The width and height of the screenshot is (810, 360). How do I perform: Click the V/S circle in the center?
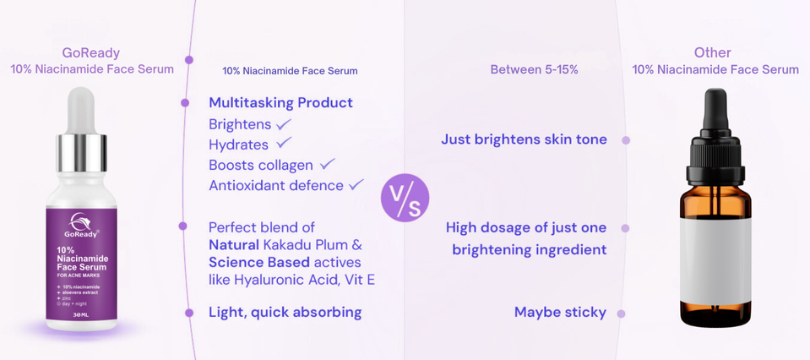tap(405, 198)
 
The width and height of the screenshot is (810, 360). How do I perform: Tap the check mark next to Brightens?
tap(284, 124)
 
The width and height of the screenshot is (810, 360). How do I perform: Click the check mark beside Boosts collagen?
tap(328, 164)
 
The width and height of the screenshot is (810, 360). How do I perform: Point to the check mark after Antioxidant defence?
tap(356, 184)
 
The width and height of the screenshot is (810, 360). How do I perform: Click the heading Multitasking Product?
tap(280, 102)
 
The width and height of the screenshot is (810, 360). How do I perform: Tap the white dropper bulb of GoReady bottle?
tap(81, 110)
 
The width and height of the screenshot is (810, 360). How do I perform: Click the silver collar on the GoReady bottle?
tap(81, 153)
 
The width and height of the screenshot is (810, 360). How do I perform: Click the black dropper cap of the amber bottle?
tap(715, 137)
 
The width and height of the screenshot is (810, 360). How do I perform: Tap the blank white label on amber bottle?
tap(715, 260)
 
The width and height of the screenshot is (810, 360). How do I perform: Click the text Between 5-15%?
tap(534, 70)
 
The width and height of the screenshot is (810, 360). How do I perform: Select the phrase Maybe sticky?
tap(560, 312)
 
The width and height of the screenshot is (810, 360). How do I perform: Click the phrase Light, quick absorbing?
tap(285, 312)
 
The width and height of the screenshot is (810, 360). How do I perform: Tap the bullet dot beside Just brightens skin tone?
tap(626, 140)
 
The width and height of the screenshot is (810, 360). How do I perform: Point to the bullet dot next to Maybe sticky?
tap(621, 314)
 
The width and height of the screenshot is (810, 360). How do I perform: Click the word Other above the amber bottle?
tap(712, 52)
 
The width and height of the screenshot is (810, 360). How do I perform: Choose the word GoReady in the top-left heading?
tap(91, 53)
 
